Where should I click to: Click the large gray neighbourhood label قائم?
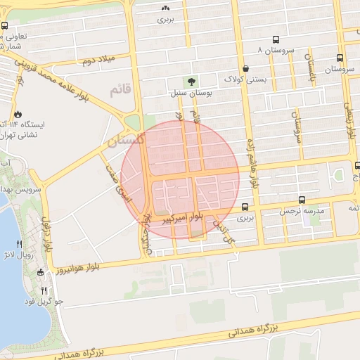point(120,91)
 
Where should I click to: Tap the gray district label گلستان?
point(124,141)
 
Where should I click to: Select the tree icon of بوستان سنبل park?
point(191,82)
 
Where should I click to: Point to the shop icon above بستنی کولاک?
point(245,68)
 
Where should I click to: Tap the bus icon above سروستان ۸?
point(276,40)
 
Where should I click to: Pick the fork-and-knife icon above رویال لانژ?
point(28,244)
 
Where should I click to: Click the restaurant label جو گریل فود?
point(44,301)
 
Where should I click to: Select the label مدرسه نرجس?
point(302,211)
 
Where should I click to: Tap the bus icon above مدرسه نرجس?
point(302,200)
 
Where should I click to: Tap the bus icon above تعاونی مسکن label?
point(5,25)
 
